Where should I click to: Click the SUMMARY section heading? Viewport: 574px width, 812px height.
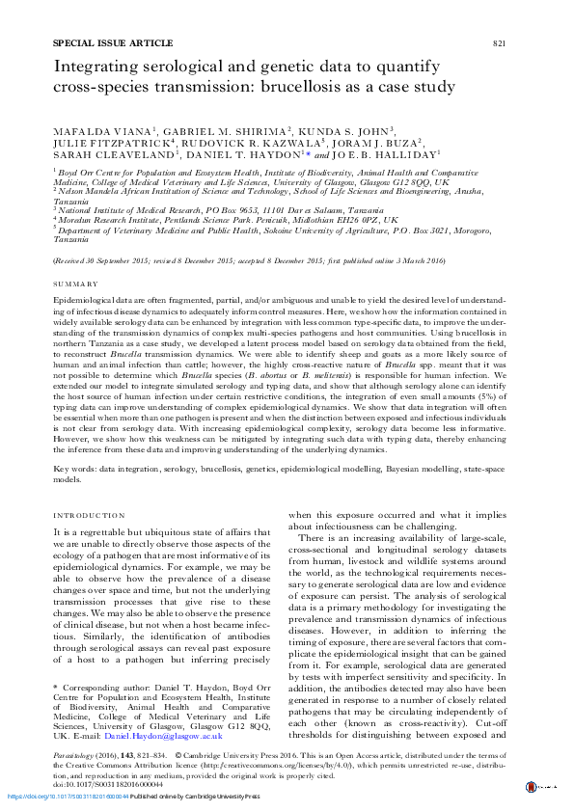coord(75,284)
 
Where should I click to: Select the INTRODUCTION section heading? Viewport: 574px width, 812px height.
coord(88,516)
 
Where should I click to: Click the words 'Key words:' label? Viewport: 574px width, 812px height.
coord(77,468)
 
